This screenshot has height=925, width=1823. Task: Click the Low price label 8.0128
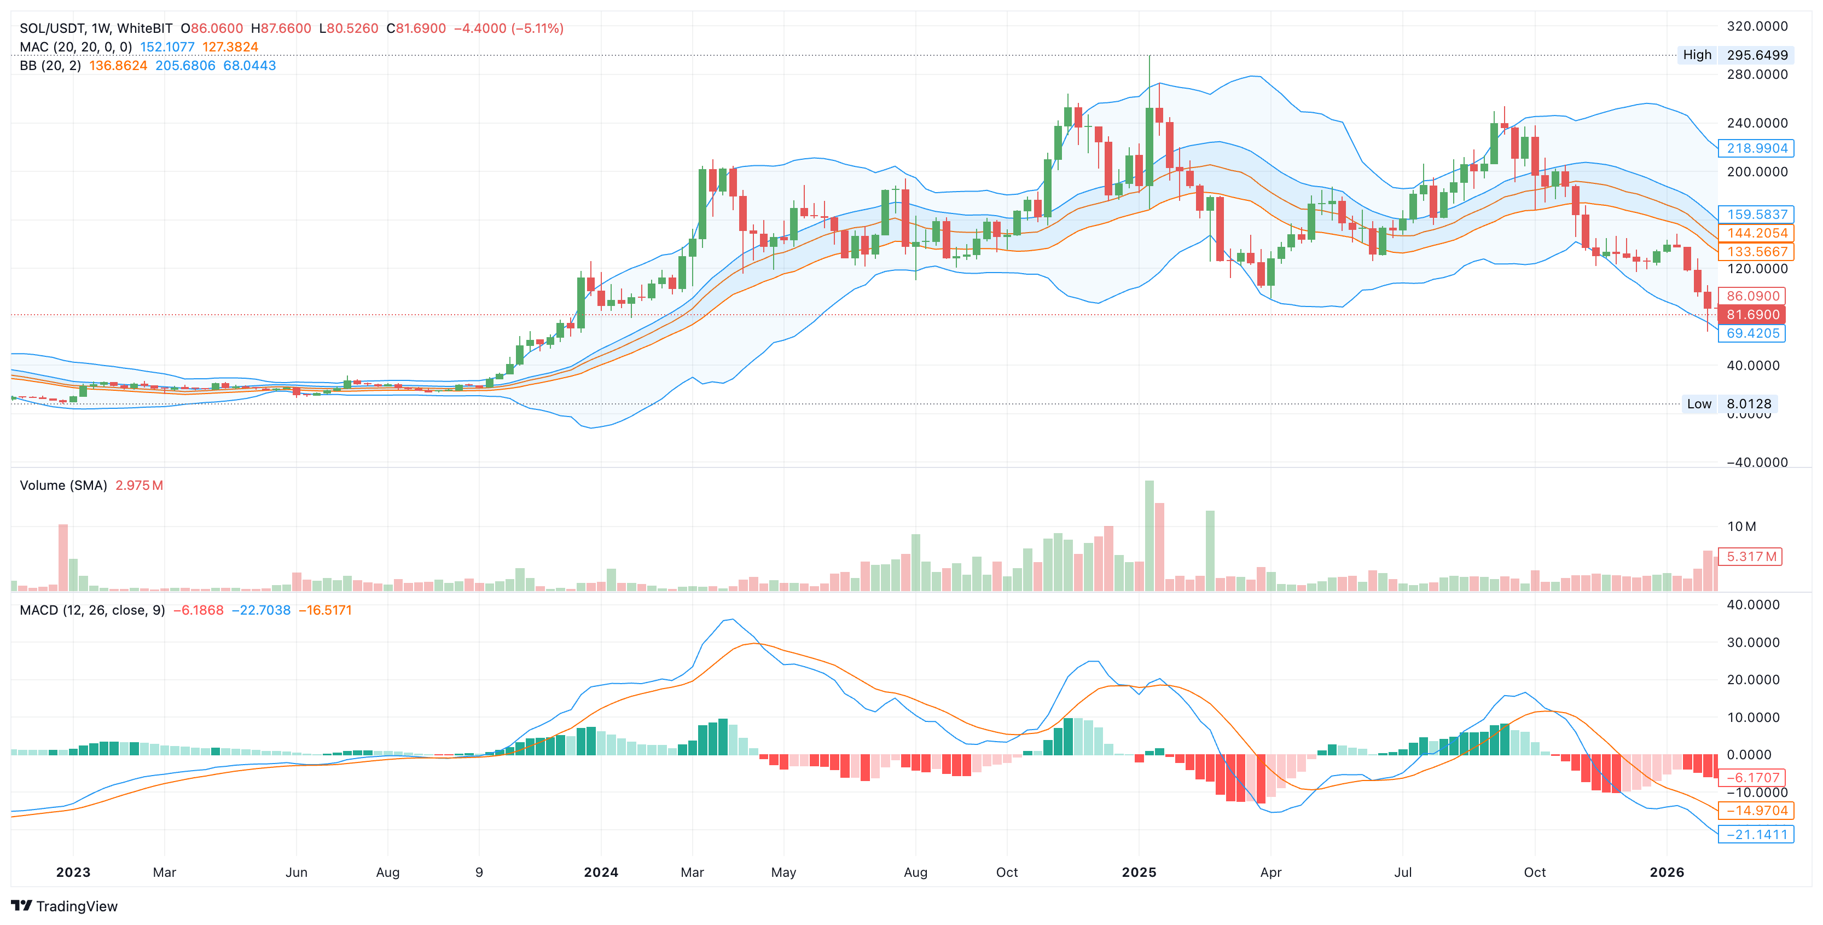[x=1748, y=404]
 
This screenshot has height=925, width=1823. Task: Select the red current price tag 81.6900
[x=1752, y=315]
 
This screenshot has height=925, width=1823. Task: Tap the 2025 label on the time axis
[x=1139, y=872]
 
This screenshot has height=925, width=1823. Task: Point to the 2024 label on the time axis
[x=601, y=872]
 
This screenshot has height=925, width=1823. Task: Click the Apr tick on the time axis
[x=1270, y=872]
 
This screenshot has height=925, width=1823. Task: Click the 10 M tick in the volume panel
[x=1741, y=527]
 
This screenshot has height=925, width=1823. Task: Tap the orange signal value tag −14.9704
[x=1756, y=811]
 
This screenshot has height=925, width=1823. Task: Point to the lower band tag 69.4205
[x=1752, y=333]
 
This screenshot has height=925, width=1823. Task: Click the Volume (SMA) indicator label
[x=63, y=485]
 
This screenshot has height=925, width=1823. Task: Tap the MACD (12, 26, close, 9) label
[x=92, y=610]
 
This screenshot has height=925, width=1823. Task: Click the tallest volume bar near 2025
[x=1149, y=536]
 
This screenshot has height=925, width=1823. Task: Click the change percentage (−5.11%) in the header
[x=537, y=28]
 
